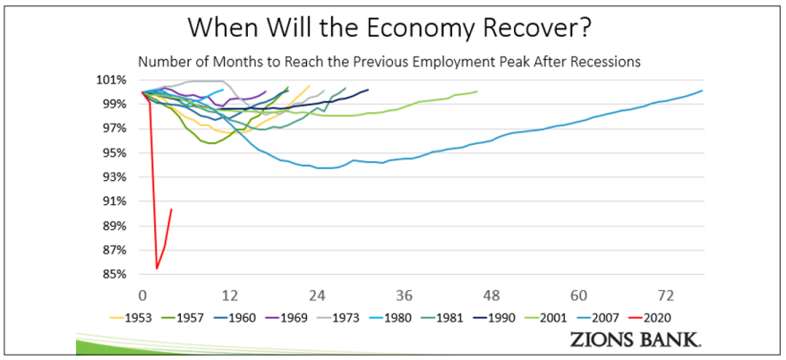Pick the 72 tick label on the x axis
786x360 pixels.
coord(666,295)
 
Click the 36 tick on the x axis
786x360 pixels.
coord(405,295)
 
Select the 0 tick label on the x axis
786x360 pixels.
coord(142,295)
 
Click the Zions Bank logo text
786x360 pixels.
coord(636,339)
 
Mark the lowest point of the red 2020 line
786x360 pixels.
coord(157,268)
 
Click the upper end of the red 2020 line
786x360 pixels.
coord(171,210)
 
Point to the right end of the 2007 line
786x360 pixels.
coord(703,90)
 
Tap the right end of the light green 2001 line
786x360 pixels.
coord(477,91)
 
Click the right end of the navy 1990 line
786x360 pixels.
coord(368,89)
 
